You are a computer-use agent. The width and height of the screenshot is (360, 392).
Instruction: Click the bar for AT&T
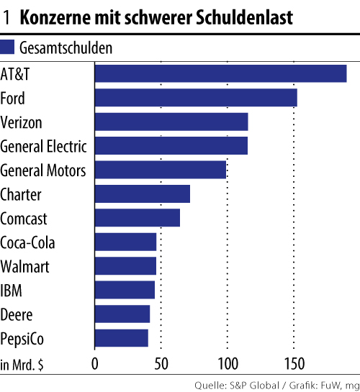click(x=220, y=73)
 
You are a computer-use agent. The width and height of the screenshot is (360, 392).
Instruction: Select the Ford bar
click(x=196, y=98)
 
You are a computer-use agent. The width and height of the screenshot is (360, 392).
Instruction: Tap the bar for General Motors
click(x=160, y=170)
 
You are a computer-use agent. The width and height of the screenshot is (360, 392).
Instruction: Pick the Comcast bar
click(x=138, y=218)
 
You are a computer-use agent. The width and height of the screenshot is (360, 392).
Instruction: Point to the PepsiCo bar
click(x=121, y=338)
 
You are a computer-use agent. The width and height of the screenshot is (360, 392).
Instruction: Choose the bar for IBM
click(x=125, y=290)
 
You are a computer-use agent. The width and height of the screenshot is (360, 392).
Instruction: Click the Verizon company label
click(x=22, y=122)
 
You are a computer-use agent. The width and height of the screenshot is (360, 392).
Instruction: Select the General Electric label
click(x=44, y=146)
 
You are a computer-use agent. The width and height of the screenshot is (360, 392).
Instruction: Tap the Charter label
click(x=22, y=194)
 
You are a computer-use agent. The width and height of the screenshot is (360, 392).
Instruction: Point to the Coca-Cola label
click(x=28, y=242)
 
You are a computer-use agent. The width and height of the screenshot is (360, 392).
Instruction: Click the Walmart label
click(x=25, y=267)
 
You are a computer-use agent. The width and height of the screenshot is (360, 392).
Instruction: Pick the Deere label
click(x=17, y=314)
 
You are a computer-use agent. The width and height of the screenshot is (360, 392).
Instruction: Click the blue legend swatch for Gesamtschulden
click(x=8, y=48)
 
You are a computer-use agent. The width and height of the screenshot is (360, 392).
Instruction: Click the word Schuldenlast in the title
click(x=240, y=18)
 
